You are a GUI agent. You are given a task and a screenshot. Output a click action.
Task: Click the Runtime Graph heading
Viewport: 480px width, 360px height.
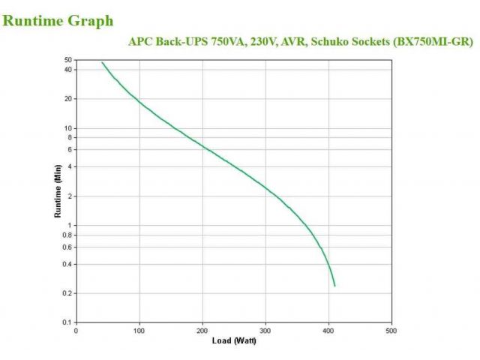(58, 20)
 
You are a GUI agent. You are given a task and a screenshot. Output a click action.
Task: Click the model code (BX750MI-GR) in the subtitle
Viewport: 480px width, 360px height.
(433, 42)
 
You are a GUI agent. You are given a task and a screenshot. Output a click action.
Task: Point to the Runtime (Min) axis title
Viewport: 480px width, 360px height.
(58, 191)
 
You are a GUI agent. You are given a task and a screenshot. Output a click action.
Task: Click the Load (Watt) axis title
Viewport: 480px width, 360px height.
(233, 341)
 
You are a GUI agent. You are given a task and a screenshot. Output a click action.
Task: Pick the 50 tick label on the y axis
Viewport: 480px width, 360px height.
(68, 59)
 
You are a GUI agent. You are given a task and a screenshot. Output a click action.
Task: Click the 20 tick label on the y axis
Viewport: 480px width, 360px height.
(68, 99)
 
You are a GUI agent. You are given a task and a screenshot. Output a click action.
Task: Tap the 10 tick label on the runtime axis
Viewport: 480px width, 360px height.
(68, 128)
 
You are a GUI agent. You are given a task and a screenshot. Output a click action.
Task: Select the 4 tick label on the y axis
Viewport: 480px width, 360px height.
(70, 166)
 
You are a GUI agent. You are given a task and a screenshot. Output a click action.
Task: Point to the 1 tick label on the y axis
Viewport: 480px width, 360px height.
(70, 226)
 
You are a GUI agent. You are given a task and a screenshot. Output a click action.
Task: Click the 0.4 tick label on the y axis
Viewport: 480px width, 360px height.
(67, 264)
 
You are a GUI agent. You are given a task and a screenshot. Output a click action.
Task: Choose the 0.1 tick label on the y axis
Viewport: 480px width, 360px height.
(67, 322)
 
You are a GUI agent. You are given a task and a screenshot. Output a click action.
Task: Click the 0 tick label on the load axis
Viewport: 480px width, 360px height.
(76, 330)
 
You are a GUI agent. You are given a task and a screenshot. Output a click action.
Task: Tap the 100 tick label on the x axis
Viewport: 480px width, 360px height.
(139, 330)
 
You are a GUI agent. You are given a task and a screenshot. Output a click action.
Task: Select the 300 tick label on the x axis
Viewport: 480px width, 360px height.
(265, 330)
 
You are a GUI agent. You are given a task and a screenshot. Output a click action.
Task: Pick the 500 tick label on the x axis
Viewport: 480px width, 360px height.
(391, 330)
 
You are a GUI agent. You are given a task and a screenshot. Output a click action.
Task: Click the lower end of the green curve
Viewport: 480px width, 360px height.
(334, 286)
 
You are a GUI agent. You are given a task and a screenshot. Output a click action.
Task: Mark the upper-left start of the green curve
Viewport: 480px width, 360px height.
(102, 62)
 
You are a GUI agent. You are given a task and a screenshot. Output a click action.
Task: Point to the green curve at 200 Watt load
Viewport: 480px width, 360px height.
(202, 145)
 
